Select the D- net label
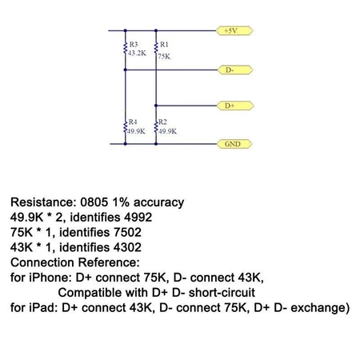click(230, 70)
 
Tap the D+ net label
click(230, 105)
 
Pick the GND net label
click(231, 145)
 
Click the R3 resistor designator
click(133, 45)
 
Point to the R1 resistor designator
click(163, 45)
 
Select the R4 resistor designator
click(133, 122)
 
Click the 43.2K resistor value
click(137, 53)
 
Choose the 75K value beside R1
click(164, 57)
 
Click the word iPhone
click(54, 277)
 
